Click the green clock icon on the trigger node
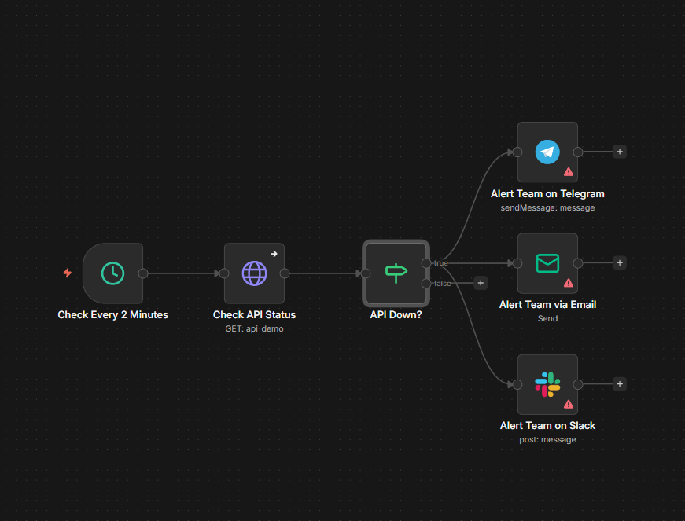(x=112, y=273)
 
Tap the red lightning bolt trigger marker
(x=68, y=273)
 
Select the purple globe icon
(x=254, y=273)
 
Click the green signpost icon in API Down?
(x=396, y=273)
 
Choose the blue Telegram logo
(x=547, y=152)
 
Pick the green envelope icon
(x=547, y=263)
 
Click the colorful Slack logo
(x=547, y=384)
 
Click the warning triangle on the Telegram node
(x=569, y=171)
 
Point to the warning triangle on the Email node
(x=569, y=283)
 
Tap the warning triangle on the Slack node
(x=569, y=404)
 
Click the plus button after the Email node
(x=620, y=263)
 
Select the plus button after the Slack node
(x=620, y=384)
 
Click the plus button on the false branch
(x=481, y=283)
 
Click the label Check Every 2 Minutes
(x=112, y=315)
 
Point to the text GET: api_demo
(x=254, y=329)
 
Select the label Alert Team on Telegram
(x=547, y=193)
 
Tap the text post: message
(x=547, y=440)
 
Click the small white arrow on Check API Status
(x=274, y=254)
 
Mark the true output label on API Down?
(x=440, y=263)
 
